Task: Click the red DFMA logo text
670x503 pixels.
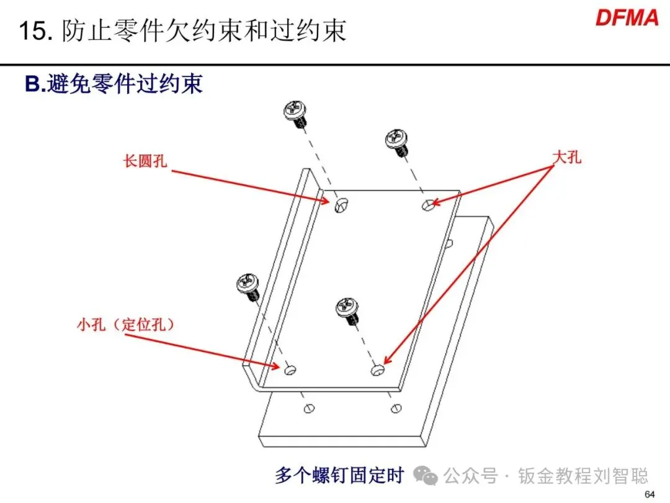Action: [627, 17]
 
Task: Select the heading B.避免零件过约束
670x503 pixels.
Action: [114, 84]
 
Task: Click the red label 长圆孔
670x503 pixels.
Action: [145, 161]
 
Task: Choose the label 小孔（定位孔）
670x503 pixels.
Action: [125, 324]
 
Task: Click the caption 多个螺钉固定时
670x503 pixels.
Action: [339, 476]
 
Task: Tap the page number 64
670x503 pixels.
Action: [650, 494]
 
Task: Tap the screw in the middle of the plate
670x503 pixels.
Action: [347, 309]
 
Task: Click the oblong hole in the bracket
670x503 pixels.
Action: [339, 205]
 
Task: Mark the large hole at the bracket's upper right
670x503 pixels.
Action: [428, 204]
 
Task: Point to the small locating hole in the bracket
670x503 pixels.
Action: [290, 370]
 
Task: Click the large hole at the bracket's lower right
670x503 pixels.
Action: [377, 371]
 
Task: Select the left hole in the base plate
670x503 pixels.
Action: [308, 409]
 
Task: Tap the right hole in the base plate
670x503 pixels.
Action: [396, 408]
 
